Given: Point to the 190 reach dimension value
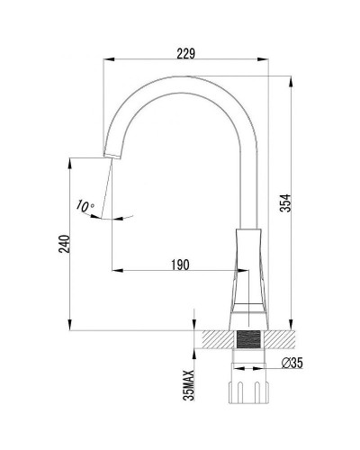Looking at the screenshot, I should point(179,263).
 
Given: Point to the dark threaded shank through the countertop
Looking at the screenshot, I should point(247,341).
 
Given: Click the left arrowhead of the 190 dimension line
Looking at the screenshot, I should point(115,270).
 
